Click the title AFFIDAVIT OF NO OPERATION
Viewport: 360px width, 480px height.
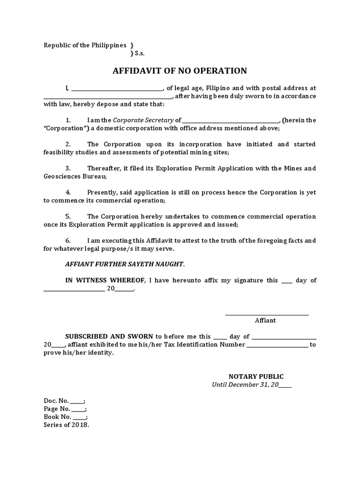(180, 71)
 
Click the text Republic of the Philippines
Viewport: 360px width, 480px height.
(85, 45)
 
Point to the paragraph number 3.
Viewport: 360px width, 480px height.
(67, 168)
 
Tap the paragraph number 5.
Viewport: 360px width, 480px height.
(67, 217)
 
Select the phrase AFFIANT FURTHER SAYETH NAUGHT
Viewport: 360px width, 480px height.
(124, 264)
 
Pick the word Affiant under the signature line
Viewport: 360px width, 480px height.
(265, 321)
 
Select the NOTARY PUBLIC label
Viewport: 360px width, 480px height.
(256, 376)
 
